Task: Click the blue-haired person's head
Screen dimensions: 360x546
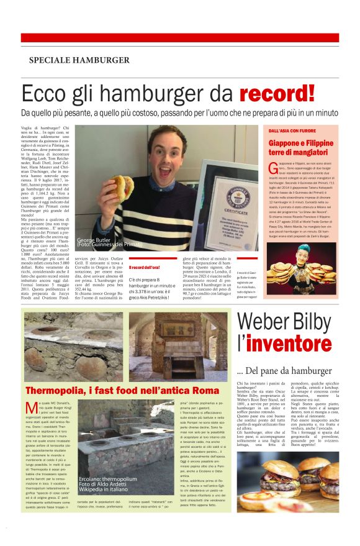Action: pyautogui.click(x=322, y=256)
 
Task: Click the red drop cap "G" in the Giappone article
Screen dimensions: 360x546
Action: pyautogui.click(x=271, y=169)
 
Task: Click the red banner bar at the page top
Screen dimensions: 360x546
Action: pyautogui.click(x=180, y=38)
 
